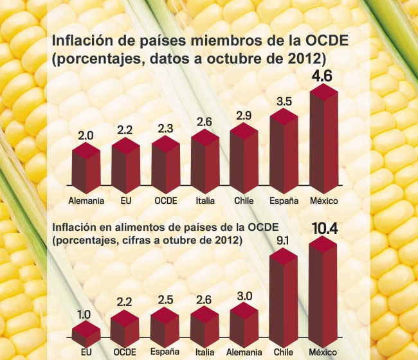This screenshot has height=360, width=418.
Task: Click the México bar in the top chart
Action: pos(324,138)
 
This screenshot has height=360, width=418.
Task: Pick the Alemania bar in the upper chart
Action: pos(86,168)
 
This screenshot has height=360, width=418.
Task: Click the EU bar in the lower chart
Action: pos(86,334)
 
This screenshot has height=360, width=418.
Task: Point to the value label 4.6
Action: pos(323,78)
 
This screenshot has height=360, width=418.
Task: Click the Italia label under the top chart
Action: pos(205,201)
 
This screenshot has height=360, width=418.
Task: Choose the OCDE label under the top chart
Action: pos(165,201)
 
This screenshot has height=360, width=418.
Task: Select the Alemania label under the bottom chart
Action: pos(244,353)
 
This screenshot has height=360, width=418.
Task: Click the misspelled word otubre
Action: pos(180,241)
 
